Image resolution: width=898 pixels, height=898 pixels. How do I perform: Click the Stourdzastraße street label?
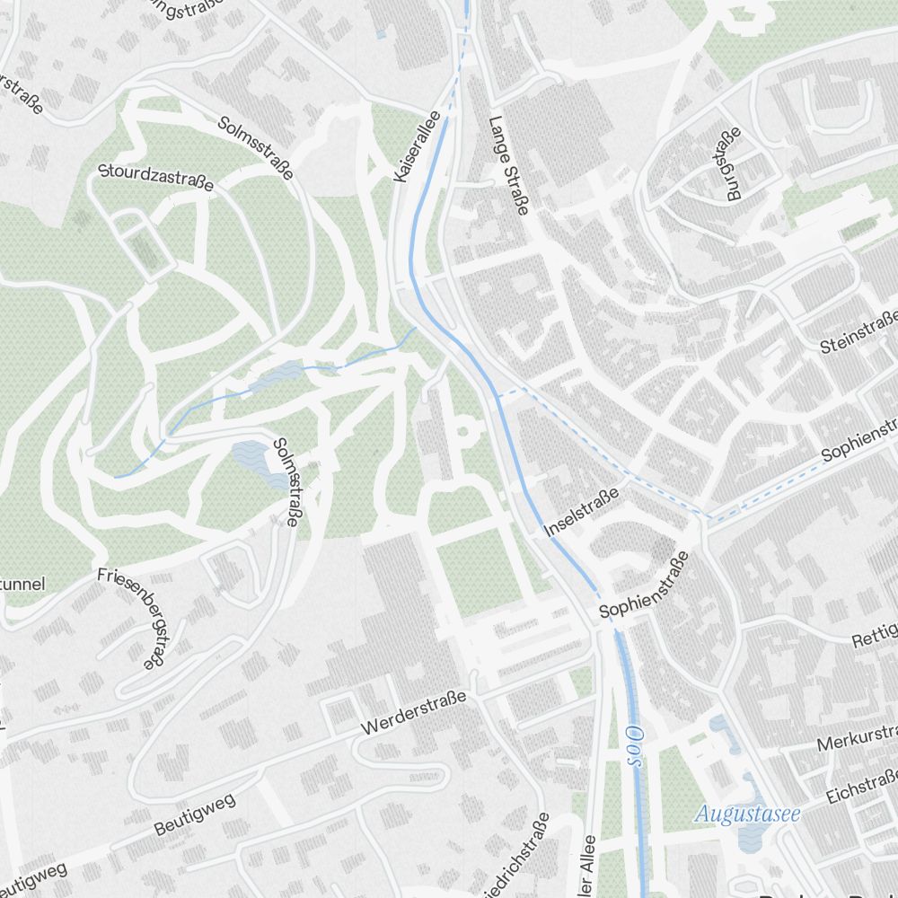click(x=156, y=177)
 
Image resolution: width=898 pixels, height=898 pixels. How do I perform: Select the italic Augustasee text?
click(x=747, y=815)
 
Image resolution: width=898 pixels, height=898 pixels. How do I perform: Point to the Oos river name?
click(x=634, y=746)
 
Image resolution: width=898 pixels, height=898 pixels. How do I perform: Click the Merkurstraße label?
click(x=857, y=739)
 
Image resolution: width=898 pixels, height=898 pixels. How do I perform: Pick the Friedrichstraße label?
click(x=519, y=859)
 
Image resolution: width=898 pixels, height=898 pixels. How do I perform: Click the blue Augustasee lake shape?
click(x=748, y=835)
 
